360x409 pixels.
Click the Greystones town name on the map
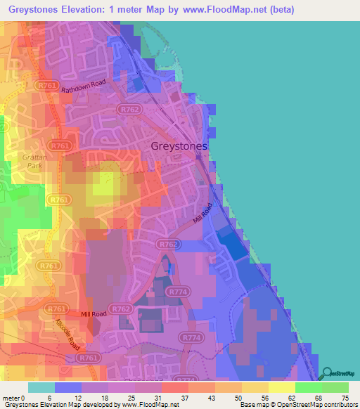pos(180,146)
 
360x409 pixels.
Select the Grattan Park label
pos(33,162)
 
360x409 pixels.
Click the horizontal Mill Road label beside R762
pos(93,314)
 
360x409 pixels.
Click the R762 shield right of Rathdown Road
pos(129,110)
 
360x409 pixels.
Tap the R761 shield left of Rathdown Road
pos(47,85)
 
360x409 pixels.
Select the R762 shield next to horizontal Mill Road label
pos(121,309)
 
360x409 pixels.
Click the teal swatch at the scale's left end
pos(41,387)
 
